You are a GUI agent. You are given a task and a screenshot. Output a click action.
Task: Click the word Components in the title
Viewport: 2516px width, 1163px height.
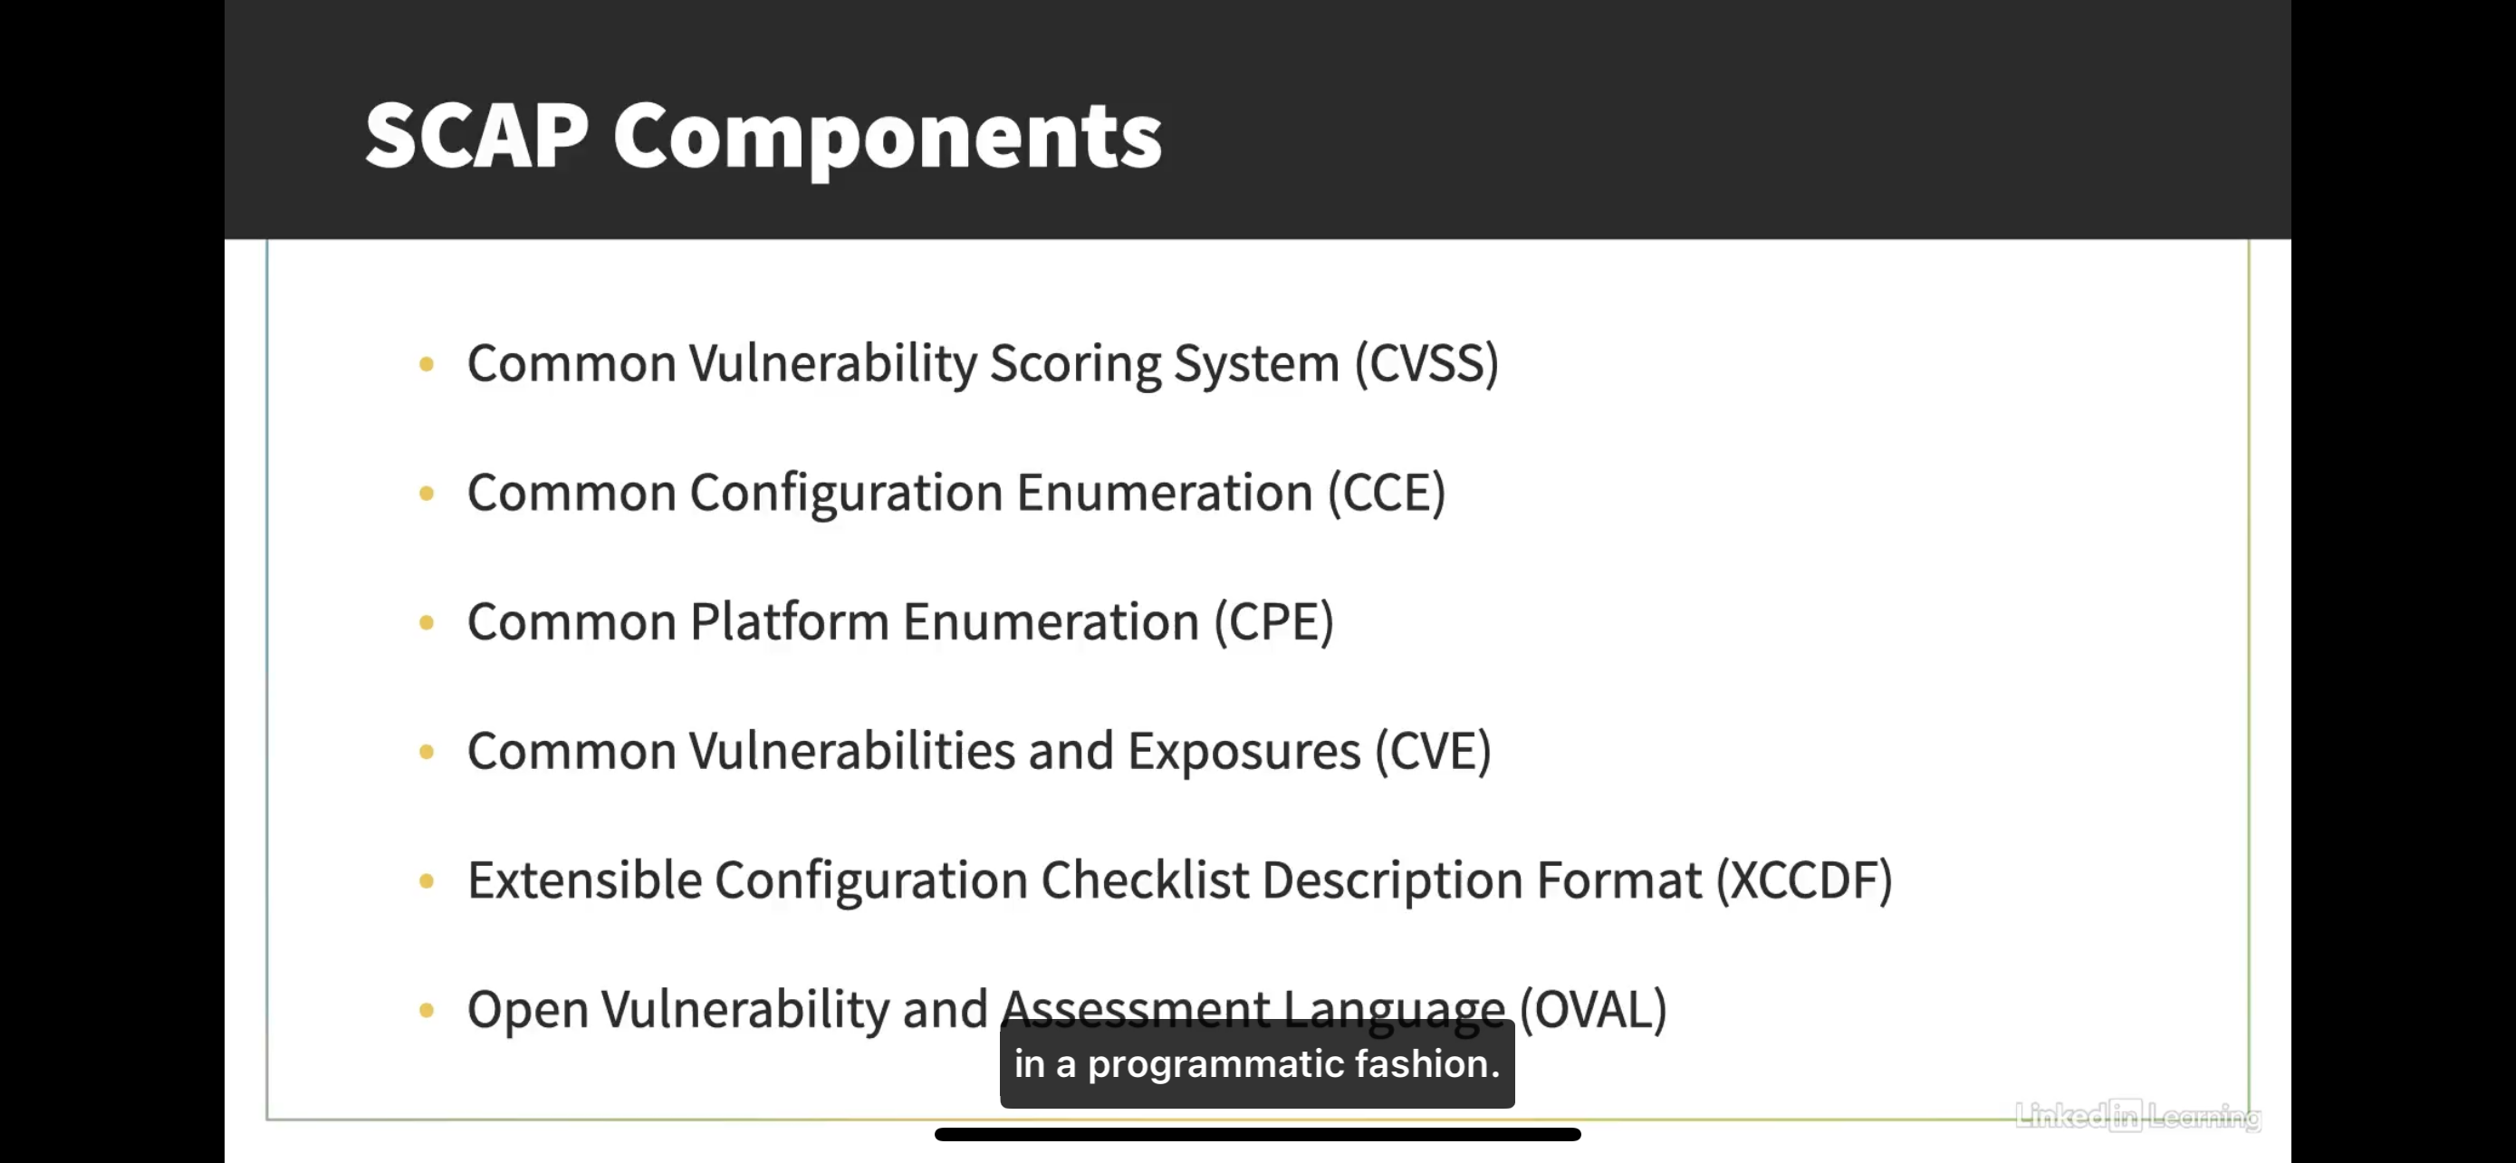pyautogui.click(x=888, y=139)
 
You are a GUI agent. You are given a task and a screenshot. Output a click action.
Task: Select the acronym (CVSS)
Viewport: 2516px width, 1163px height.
pyautogui.click(x=1426, y=363)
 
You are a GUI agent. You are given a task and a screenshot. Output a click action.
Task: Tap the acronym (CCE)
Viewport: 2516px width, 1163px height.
pyautogui.click(x=1386, y=492)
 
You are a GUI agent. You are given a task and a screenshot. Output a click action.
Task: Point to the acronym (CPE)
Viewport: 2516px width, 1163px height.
pyautogui.click(x=1273, y=621)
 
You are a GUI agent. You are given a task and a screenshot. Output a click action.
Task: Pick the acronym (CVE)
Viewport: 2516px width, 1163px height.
pyautogui.click(x=1433, y=751)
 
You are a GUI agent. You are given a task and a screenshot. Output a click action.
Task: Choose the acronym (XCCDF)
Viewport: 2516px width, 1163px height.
pyautogui.click(x=1805, y=879)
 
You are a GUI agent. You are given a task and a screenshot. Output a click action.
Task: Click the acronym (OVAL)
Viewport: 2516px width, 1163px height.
pyautogui.click(x=1593, y=1009)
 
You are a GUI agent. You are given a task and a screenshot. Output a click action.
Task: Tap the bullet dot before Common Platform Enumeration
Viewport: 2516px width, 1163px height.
pyautogui.click(x=427, y=622)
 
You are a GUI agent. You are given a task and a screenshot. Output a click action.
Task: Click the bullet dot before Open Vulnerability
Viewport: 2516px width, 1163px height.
pyautogui.click(x=427, y=1010)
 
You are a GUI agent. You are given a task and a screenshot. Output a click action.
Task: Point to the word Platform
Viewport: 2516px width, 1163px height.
pyautogui.click(x=789, y=621)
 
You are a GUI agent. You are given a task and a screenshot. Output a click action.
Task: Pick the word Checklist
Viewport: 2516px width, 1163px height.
pyautogui.click(x=1145, y=879)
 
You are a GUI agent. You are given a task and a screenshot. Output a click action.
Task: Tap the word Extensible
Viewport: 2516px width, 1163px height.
pyautogui.click(x=584, y=879)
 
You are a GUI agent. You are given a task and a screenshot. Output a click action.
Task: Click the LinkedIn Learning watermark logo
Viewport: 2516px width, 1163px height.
pyautogui.click(x=2138, y=1115)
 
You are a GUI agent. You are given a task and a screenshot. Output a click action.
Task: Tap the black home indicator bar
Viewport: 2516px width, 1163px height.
pyautogui.click(x=1258, y=1135)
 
